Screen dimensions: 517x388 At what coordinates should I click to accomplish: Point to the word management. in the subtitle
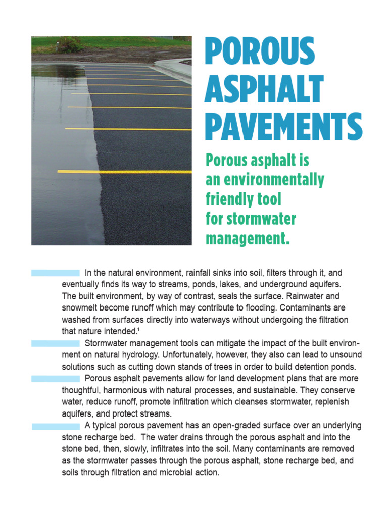pos(248,238)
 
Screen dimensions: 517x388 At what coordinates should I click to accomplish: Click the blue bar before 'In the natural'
pos(56,273)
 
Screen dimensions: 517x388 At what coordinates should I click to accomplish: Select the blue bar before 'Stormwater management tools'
pos(56,343)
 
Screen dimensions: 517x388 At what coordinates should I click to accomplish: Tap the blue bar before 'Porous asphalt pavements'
pos(56,379)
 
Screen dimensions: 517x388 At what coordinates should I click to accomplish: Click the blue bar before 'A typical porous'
pos(56,426)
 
